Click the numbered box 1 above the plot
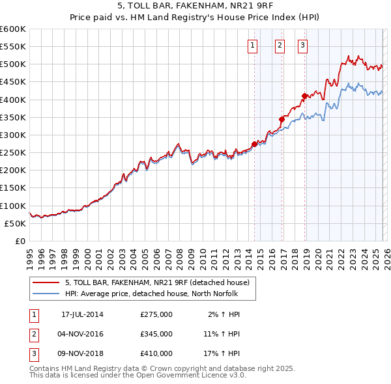click(x=252, y=45)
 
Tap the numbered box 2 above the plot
click(x=280, y=45)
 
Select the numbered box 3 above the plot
click(x=303, y=45)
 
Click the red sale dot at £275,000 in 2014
click(x=254, y=144)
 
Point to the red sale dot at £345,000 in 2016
click(x=282, y=119)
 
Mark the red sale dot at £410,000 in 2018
click(x=304, y=96)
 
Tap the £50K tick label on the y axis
click(x=15, y=223)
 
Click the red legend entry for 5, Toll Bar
click(x=156, y=282)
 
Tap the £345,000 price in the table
click(x=156, y=334)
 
